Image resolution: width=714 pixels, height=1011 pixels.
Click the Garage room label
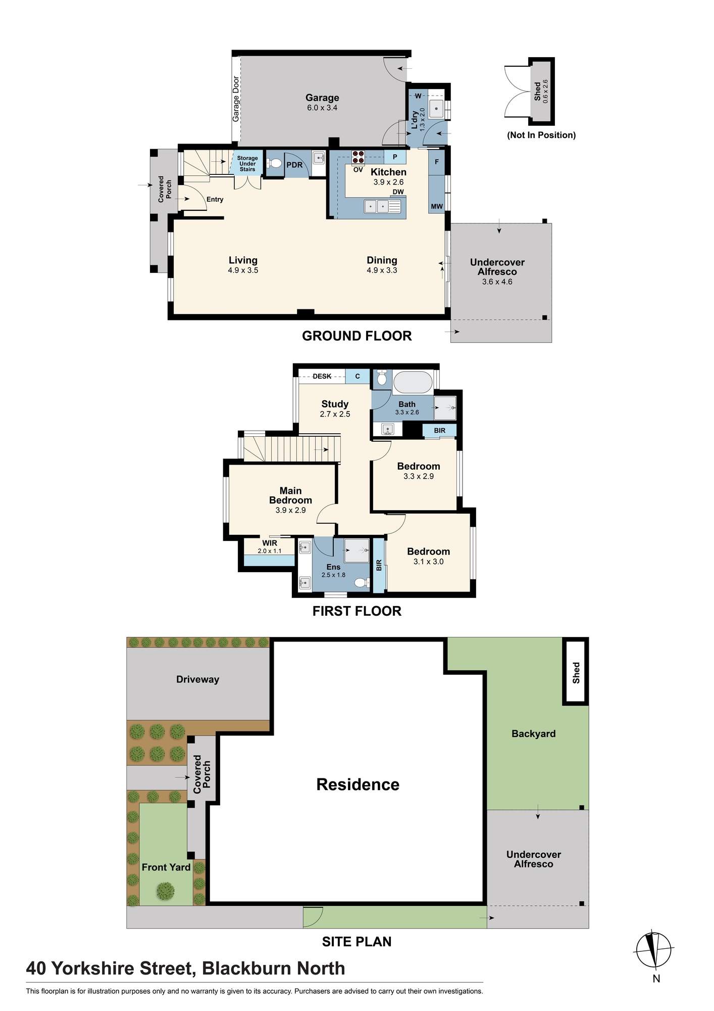(x=322, y=98)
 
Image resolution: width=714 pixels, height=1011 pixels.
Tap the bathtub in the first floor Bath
(x=413, y=382)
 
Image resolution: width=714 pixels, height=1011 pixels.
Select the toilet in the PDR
(x=275, y=163)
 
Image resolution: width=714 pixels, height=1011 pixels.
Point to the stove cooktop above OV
(x=358, y=156)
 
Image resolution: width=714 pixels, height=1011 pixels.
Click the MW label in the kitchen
(x=437, y=206)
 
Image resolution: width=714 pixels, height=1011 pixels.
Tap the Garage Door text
(x=236, y=99)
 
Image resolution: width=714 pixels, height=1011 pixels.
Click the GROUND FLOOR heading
(x=356, y=336)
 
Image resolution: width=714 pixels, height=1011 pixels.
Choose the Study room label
(x=335, y=404)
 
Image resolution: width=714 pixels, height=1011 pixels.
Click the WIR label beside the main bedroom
(x=270, y=543)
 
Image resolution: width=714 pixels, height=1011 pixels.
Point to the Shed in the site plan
(x=576, y=672)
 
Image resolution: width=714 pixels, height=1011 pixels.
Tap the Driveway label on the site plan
(x=197, y=679)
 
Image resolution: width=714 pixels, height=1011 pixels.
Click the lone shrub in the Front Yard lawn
(x=165, y=891)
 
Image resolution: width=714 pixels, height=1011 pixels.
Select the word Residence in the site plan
(x=358, y=784)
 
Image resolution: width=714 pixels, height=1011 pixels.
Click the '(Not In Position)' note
(x=541, y=135)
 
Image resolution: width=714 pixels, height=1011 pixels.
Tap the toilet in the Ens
(x=361, y=582)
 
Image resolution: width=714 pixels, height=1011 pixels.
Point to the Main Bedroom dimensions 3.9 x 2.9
(x=290, y=510)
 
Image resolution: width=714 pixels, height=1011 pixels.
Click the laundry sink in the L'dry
(x=436, y=109)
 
